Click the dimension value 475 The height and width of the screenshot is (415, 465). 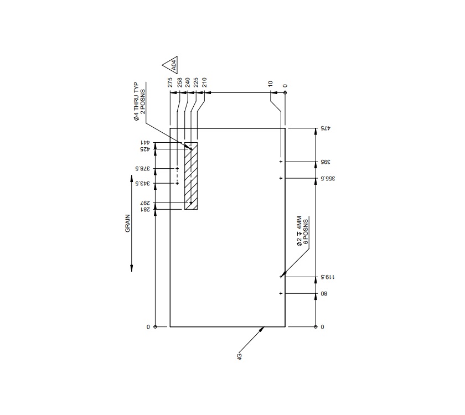325,129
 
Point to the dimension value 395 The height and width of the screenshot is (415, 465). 325,162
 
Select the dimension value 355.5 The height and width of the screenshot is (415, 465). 327,178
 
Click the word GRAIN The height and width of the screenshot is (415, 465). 128,223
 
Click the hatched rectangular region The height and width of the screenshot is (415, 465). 191,175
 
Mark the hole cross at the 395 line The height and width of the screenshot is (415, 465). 281,162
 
